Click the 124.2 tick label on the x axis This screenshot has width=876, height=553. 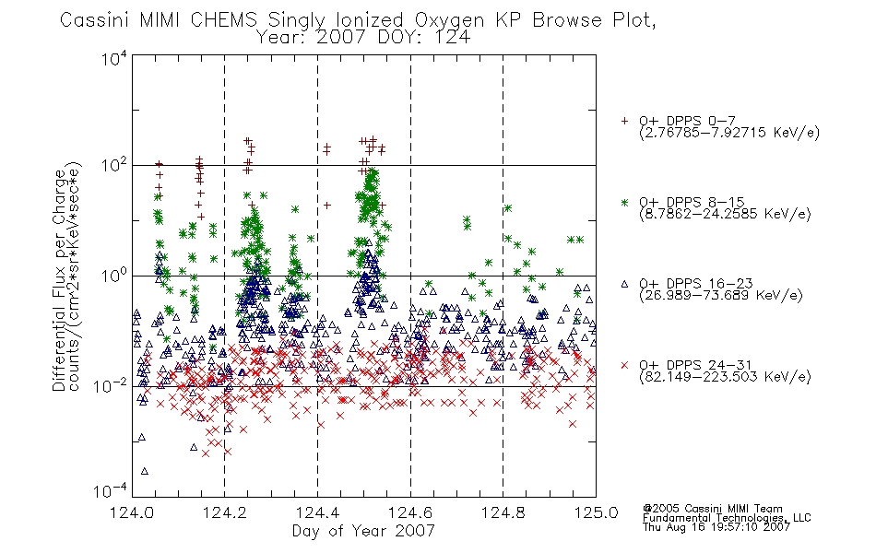(225, 512)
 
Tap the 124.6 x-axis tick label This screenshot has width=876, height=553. (410, 512)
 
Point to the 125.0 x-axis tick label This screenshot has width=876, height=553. (596, 512)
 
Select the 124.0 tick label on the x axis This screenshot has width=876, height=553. (132, 512)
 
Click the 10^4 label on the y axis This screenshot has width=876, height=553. (114, 58)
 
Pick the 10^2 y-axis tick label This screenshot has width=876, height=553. (114, 165)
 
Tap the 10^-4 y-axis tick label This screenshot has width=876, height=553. (111, 490)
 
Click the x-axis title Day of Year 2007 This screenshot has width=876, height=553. (363, 531)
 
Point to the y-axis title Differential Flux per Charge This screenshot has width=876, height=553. (59, 280)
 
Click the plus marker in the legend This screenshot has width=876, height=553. (624, 121)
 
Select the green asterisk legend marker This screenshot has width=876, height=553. (624, 202)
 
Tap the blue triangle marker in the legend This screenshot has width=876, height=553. (624, 284)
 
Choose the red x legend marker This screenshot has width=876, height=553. (624, 365)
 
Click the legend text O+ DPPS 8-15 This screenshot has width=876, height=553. (692, 202)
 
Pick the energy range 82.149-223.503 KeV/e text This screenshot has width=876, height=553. (725, 377)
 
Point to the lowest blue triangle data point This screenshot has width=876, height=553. (145, 472)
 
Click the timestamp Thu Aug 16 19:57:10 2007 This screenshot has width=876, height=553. (716, 527)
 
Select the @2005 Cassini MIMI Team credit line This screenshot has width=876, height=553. (712, 509)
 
